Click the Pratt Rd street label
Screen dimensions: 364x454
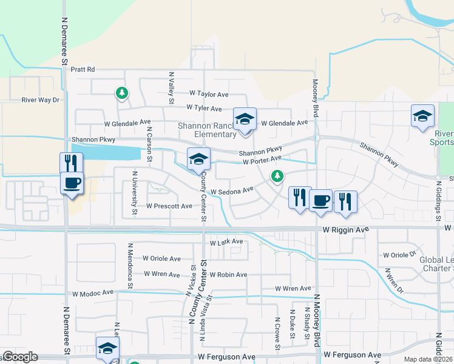[x=83, y=70]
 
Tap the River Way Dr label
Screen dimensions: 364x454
[x=41, y=100]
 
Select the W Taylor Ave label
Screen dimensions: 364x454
[x=208, y=94]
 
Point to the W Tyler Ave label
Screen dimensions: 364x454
[x=204, y=109]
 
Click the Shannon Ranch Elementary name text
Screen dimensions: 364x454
[x=206, y=130]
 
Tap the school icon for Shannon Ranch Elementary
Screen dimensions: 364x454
[x=245, y=119]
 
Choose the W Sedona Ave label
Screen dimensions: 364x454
[x=231, y=191]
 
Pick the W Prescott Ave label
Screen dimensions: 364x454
[x=169, y=206]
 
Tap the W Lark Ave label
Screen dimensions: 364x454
[x=226, y=242]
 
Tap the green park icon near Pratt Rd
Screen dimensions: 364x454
[x=122, y=93]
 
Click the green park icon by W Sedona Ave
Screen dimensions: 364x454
[x=277, y=176]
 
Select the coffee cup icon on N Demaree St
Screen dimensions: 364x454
[x=72, y=183]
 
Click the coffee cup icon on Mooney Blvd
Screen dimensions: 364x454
[x=320, y=200]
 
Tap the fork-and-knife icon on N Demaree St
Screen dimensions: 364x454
[x=70, y=163]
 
